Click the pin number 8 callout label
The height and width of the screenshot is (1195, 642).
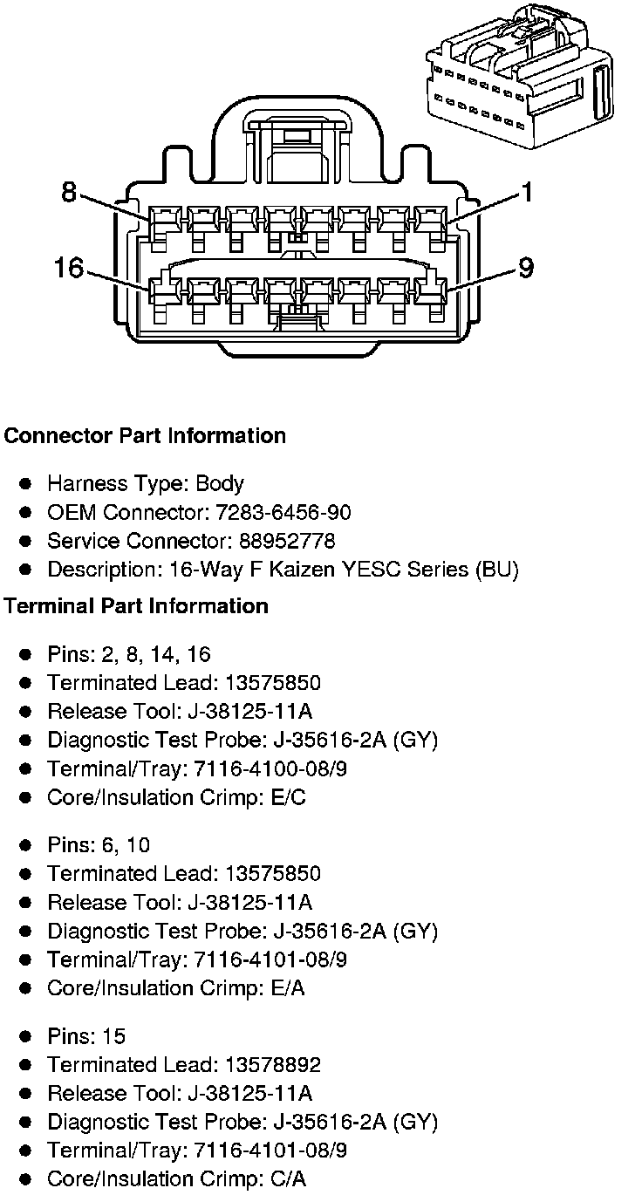69,192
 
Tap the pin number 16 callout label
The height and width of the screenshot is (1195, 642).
68,267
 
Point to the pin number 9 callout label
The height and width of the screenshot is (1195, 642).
525,267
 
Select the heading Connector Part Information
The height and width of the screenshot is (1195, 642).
145,436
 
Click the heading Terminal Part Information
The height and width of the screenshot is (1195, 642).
136,606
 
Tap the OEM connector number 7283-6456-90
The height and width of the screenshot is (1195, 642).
277,512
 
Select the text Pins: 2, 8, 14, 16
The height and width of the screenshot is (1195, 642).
129,654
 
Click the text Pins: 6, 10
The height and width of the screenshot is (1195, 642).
99,845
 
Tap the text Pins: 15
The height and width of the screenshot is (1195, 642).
86,1036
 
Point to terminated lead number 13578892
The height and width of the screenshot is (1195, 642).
272,1065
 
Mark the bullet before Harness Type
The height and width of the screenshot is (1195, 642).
27,484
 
